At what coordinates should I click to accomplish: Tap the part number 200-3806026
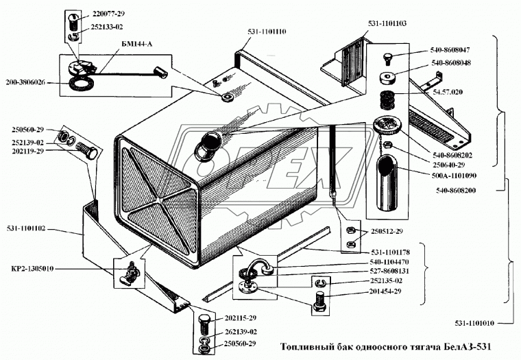25,82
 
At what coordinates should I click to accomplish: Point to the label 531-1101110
267,32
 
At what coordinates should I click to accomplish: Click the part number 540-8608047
450,50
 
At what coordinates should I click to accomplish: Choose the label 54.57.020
447,92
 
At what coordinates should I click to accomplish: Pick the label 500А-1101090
454,176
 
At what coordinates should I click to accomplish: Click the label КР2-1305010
32,269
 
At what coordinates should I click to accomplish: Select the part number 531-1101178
390,252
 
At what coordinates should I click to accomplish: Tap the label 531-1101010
474,323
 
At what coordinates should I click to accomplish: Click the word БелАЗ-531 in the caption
467,347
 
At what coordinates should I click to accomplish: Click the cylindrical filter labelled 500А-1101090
386,183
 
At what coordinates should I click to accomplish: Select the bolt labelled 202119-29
87,150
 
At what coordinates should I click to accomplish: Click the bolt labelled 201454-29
320,302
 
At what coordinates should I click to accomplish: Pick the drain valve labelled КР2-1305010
130,274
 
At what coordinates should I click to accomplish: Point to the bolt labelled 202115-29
205,325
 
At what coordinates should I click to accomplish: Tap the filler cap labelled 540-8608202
387,124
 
